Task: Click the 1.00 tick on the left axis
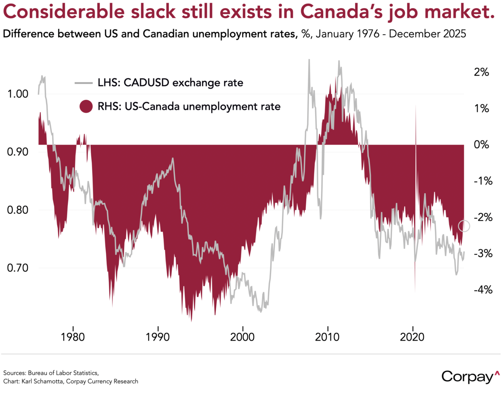point(18,94)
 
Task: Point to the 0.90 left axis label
point(18,152)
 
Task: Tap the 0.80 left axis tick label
point(18,210)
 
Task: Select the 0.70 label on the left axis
point(18,268)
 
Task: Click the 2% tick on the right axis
point(481,72)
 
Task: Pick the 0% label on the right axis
point(481,145)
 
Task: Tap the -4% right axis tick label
point(483,290)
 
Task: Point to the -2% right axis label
point(483,217)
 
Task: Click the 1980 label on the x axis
point(73,337)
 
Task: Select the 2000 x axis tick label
point(242,337)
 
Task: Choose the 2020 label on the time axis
point(412,337)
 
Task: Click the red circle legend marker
point(86,107)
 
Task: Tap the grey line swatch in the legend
point(84,83)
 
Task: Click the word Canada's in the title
point(341,12)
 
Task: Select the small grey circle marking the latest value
point(464,226)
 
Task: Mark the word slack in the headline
point(148,12)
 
